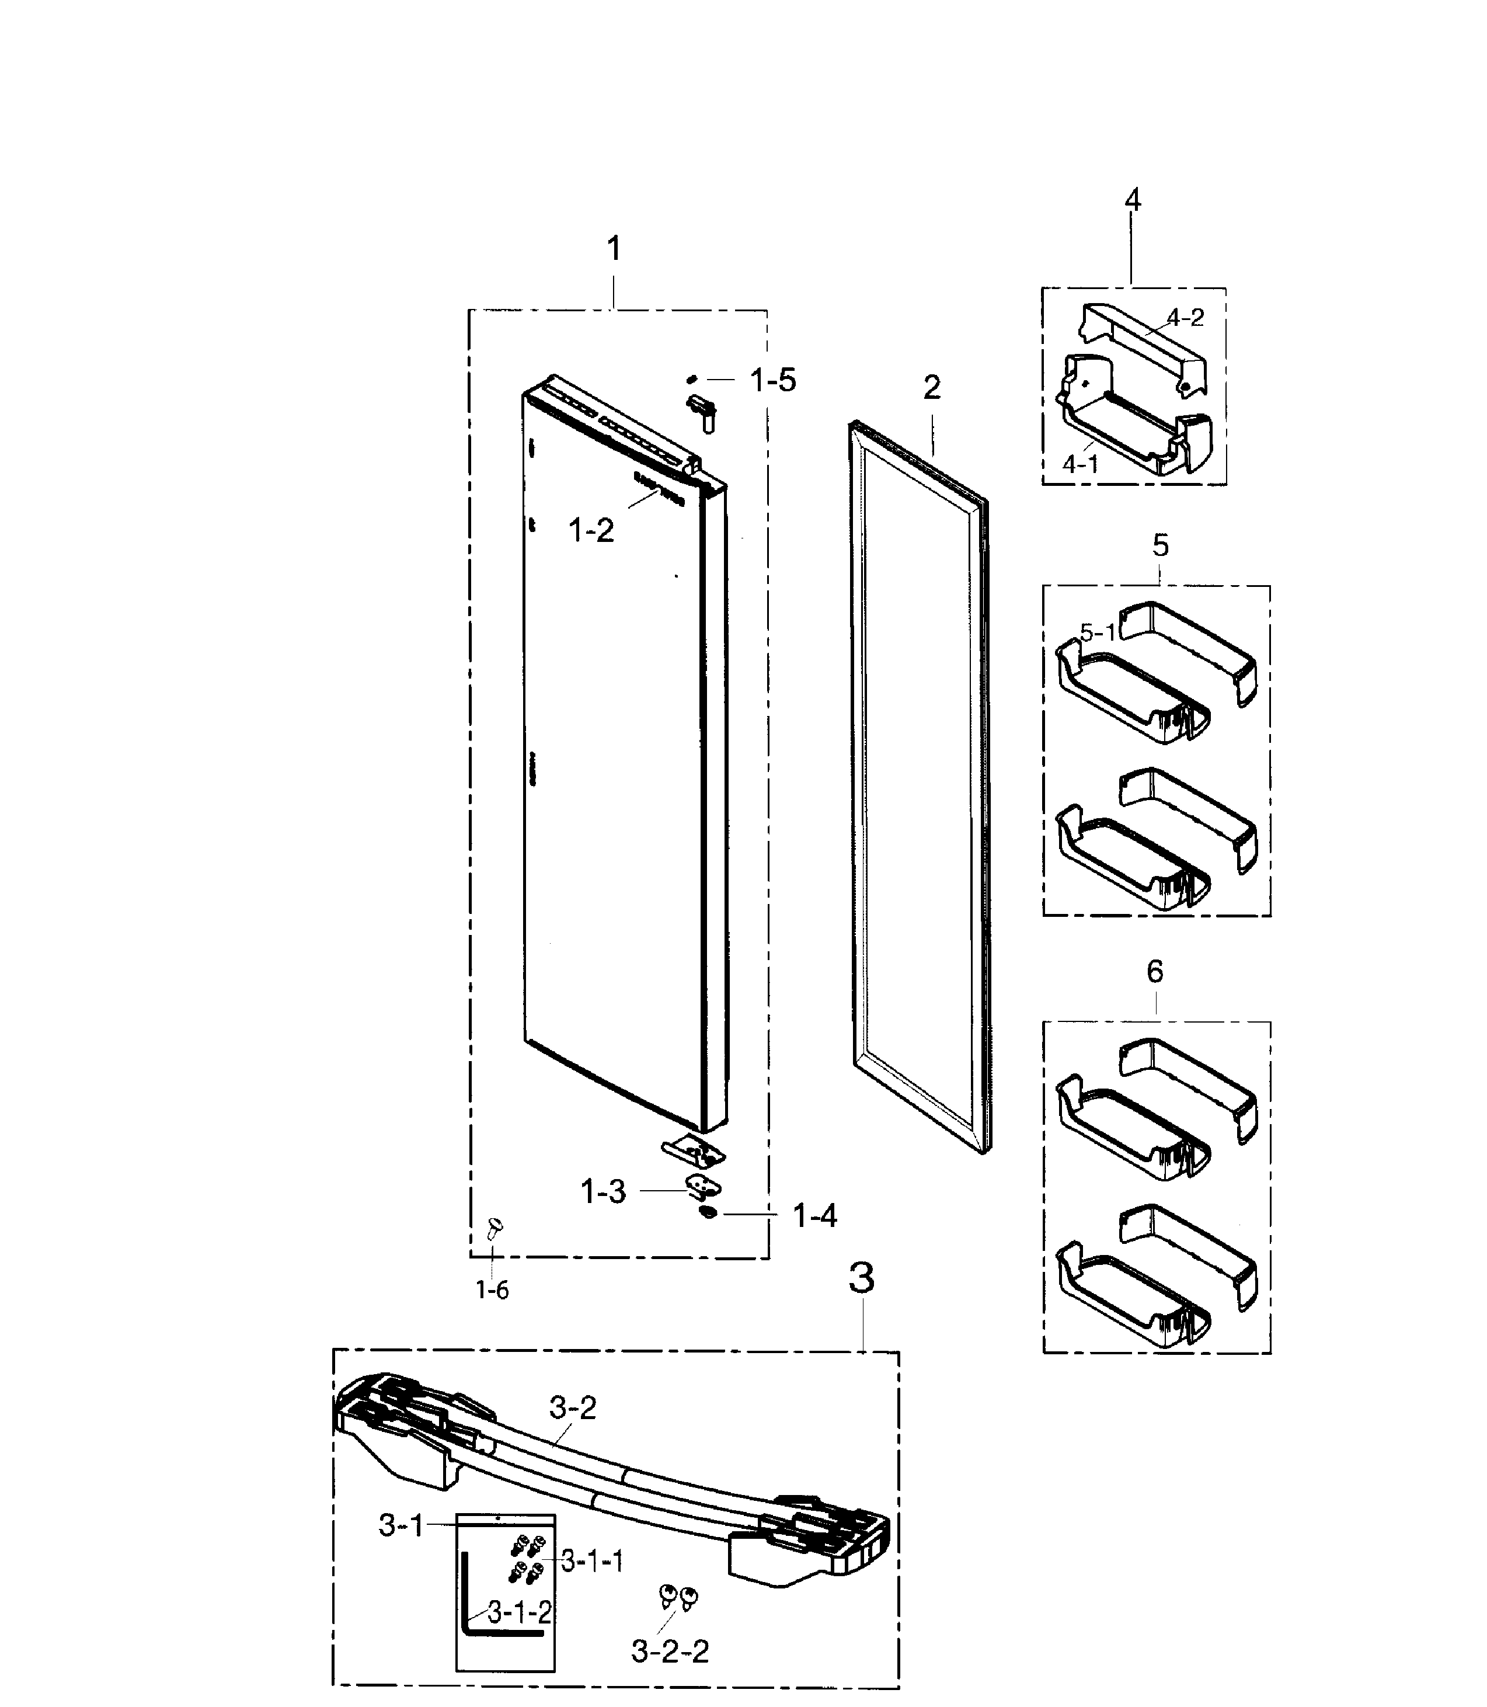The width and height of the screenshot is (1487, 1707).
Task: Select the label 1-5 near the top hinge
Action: pos(772,380)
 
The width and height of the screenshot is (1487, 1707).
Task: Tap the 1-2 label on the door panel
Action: pos(591,530)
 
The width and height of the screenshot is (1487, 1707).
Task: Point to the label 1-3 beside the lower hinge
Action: pos(603,1192)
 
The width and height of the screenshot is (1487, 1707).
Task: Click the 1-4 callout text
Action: pos(815,1216)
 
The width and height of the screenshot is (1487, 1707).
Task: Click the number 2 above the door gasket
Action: pos(932,388)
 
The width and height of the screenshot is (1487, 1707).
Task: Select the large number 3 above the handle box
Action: pos(862,1279)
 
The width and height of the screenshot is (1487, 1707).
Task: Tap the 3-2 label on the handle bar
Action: pos(573,1408)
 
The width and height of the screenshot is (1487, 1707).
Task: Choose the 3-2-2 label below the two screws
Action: pos(670,1652)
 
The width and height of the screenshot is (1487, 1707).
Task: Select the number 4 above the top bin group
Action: pos(1133,199)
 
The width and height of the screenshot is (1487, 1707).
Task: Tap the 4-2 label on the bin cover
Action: pos(1185,318)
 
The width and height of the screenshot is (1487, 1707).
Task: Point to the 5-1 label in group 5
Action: pos(1098,633)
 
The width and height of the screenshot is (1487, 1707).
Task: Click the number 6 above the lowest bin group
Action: pos(1155,971)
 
